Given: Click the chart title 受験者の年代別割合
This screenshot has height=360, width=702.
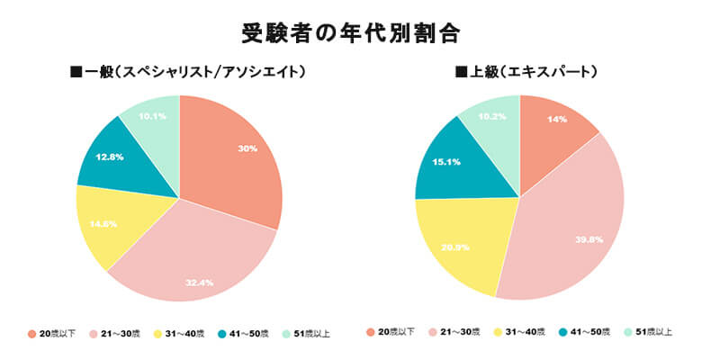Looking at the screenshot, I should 351,33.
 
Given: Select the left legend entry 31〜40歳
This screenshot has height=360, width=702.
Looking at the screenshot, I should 185,334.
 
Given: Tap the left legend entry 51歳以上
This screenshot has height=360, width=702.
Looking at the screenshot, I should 311,334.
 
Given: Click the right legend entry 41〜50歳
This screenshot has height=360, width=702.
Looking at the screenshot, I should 584,334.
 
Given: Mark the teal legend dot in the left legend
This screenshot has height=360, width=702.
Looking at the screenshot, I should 220,334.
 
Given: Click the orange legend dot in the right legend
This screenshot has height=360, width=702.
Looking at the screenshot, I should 371,334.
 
